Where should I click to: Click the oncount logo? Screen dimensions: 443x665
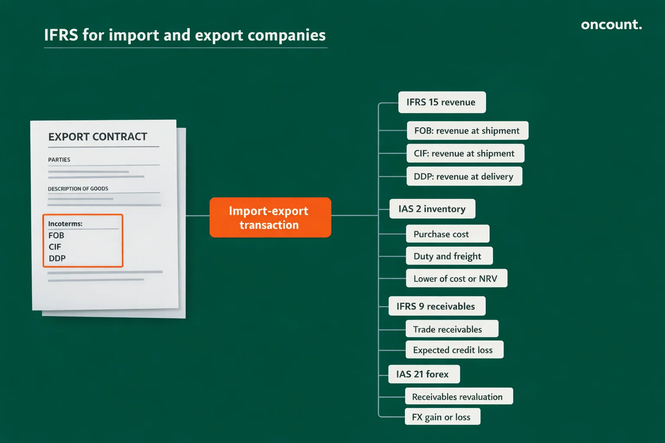[x=611, y=25]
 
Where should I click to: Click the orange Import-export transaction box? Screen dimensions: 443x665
[x=270, y=218]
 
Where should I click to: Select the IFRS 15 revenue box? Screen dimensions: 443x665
[x=442, y=103]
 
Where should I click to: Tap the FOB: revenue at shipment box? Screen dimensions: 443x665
[x=467, y=131]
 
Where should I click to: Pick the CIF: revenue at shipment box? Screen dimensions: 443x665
[x=465, y=154]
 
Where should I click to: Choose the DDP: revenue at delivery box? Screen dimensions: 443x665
[x=464, y=177]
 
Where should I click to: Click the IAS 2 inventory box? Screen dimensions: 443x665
[x=432, y=209]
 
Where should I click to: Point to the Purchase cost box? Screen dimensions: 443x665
[x=447, y=234]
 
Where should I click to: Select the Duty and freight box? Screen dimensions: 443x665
[x=449, y=256]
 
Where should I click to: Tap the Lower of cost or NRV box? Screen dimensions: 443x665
[x=456, y=279]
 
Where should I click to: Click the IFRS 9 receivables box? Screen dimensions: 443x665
[x=436, y=306]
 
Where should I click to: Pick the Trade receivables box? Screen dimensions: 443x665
[x=452, y=329]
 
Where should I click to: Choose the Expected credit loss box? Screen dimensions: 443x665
[x=454, y=350]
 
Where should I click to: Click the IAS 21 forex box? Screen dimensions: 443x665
[x=424, y=374]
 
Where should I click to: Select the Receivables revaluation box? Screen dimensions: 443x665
[x=458, y=397]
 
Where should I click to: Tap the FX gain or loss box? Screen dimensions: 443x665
[x=442, y=417]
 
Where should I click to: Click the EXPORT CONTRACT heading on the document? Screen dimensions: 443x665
[x=98, y=137]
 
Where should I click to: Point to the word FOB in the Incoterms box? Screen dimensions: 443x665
[x=56, y=236]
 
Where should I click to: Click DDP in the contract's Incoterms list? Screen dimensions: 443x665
[x=57, y=259]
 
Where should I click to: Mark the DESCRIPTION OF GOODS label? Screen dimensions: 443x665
[x=78, y=189]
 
